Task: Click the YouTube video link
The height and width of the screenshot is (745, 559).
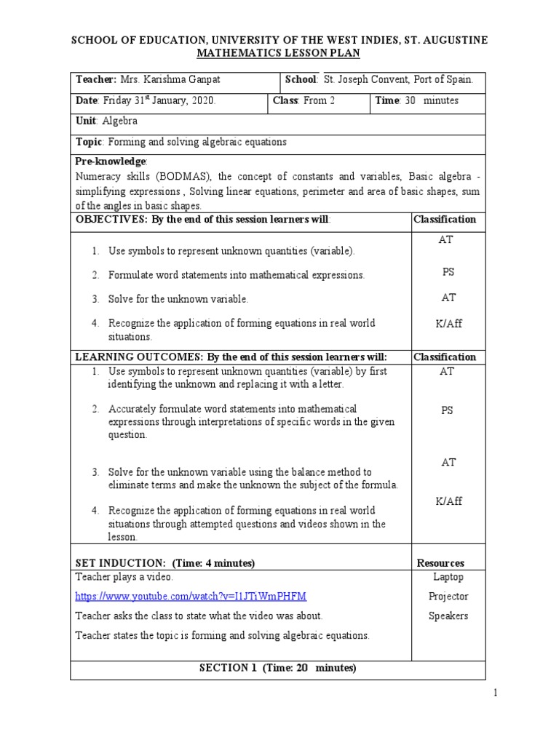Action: point(191,597)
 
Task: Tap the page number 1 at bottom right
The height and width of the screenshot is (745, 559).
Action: point(496,693)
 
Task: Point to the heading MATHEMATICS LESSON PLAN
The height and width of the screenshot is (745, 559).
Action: point(279,53)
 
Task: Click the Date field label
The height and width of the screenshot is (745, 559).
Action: point(87,101)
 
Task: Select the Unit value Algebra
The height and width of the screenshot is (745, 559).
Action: point(120,121)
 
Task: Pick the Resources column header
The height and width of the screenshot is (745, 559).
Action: point(440,563)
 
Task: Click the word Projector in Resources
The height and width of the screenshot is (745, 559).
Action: point(448,597)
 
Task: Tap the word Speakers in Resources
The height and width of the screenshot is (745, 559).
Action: point(448,616)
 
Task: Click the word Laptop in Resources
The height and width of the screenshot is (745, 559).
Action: point(448,577)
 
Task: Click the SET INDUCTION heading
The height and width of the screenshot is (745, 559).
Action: point(164,563)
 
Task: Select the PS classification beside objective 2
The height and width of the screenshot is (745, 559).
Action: point(448,272)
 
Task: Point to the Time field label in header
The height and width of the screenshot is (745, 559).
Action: point(387,101)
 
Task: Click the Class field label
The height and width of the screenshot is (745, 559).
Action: point(285,101)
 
